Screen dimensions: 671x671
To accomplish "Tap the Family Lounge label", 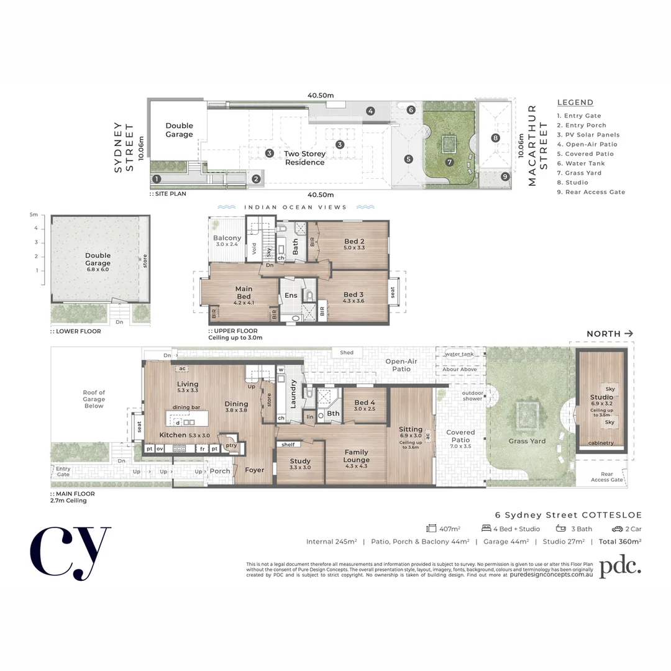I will tap(356, 456).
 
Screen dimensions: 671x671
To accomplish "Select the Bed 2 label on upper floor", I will tap(354, 242).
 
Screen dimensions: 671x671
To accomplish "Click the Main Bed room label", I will tap(244, 293).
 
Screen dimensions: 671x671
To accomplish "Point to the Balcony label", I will tap(227, 238).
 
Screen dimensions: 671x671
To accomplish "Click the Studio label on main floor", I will tap(601, 397).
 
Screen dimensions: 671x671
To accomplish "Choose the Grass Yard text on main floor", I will tap(527, 441).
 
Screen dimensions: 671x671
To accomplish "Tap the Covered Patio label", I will tap(460, 436).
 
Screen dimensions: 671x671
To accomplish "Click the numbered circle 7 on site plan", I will tap(449, 162).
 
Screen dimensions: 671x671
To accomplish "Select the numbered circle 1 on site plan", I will tap(157, 179).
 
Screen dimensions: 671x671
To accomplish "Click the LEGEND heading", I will tap(575, 103).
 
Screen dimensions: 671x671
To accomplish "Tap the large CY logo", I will tap(70, 553).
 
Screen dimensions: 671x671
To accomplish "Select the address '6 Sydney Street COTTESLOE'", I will tap(568, 514).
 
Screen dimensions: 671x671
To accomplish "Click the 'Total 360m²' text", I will tap(620, 541).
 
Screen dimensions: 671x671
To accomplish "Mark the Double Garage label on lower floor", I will tap(98, 259).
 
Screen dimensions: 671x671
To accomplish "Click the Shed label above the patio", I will tap(347, 353).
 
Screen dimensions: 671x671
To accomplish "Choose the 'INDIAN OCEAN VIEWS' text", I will tap(295, 208).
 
